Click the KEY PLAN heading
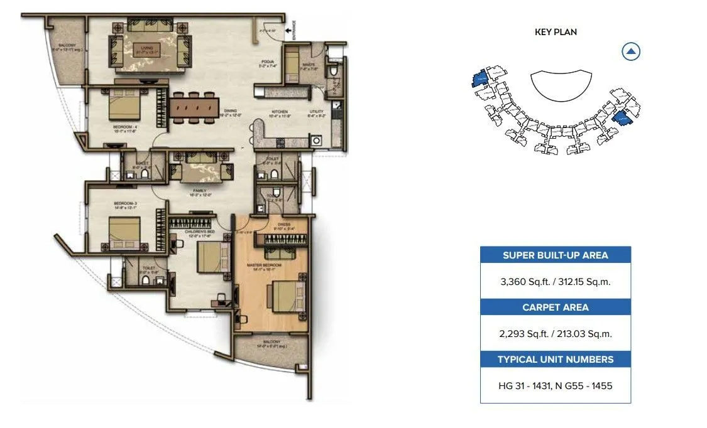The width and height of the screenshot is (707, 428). [556, 32]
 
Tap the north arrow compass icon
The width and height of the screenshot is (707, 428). [631, 51]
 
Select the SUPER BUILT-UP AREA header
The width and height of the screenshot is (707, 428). [556, 255]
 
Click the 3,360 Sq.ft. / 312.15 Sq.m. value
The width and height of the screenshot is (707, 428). [556, 282]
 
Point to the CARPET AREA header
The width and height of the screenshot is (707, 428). [556, 308]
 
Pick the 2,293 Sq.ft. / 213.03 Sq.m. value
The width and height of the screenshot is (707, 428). [556, 334]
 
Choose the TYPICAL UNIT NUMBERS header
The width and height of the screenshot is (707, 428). [556, 360]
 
